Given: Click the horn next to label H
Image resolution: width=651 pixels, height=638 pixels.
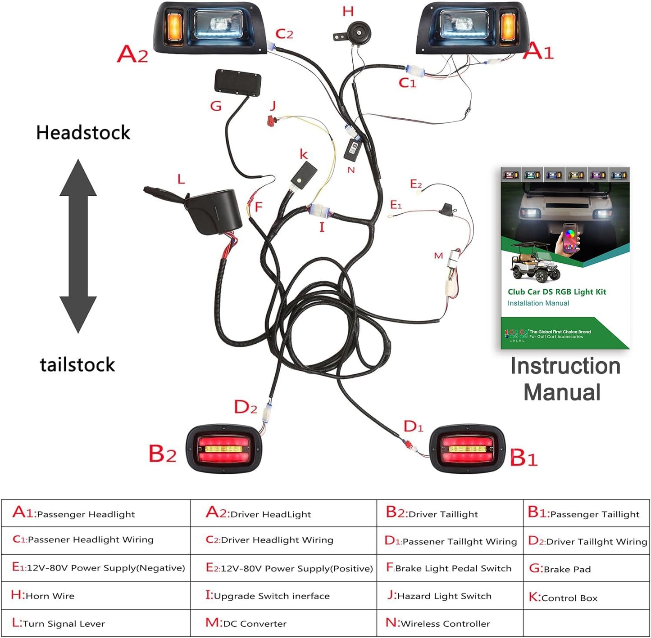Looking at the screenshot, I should [359, 32].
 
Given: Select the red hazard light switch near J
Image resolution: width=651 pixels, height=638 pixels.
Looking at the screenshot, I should [271, 120].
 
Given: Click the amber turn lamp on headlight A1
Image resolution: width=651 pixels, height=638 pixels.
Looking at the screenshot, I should [509, 27].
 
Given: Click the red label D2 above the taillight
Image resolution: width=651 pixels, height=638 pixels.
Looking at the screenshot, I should [246, 407].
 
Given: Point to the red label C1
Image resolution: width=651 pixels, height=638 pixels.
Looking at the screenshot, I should [407, 83].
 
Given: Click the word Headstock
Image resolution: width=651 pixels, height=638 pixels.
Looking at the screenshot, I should [83, 133].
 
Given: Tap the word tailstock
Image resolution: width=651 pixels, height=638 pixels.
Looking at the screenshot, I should [77, 364].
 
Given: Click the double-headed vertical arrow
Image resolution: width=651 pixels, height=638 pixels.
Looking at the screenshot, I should [78, 246].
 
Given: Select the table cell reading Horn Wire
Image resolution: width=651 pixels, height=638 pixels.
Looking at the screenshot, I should [96, 596].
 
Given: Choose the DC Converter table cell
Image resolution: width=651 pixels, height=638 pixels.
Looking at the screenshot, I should [283, 623].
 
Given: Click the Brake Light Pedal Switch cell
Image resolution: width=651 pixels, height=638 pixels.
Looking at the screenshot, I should [450, 568].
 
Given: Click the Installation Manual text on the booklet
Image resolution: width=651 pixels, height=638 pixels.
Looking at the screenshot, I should [538, 303].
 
